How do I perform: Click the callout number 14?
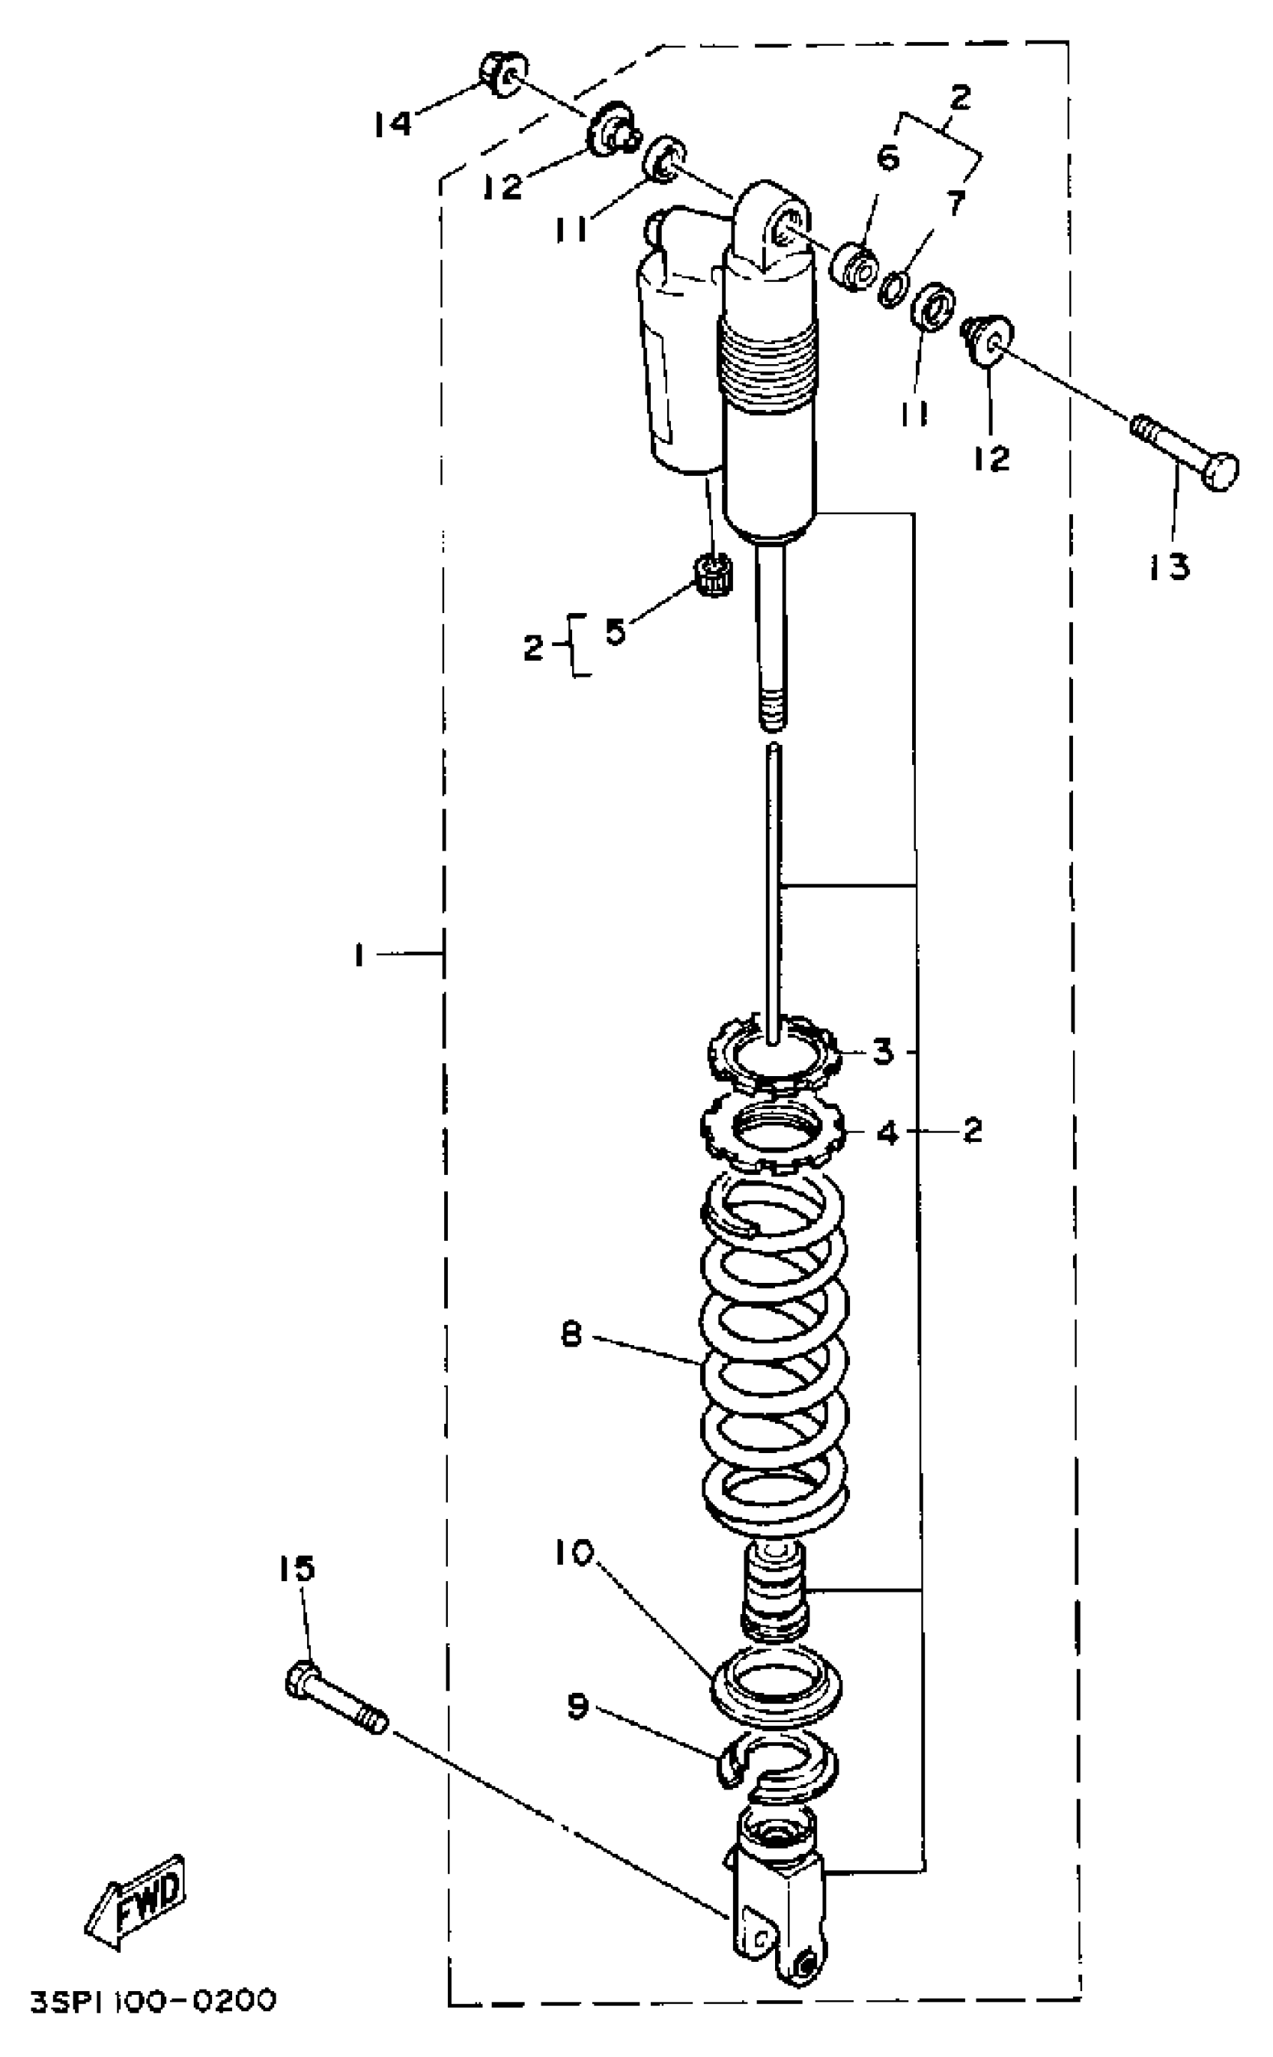[x=392, y=124]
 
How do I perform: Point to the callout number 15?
[x=297, y=1568]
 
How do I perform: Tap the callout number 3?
[x=882, y=1051]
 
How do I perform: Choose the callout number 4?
[x=887, y=1133]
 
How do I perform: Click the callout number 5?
[x=616, y=631]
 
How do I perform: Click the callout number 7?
[x=955, y=203]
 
